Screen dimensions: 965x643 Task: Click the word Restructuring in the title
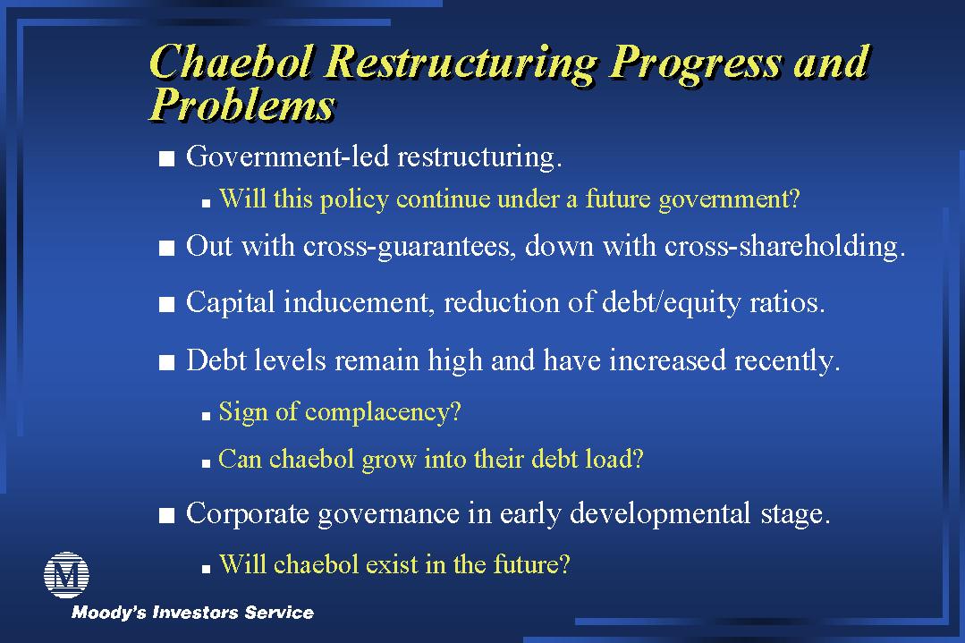(461, 63)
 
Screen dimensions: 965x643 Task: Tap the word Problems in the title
(242, 105)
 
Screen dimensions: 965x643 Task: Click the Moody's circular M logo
(66, 575)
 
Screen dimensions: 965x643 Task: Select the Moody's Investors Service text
(192, 613)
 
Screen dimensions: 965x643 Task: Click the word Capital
(230, 303)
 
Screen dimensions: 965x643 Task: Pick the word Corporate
(248, 514)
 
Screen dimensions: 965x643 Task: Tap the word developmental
(660, 514)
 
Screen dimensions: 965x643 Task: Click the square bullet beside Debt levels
(166, 362)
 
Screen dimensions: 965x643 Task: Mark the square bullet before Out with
(166, 248)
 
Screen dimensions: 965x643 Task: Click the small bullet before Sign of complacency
(207, 417)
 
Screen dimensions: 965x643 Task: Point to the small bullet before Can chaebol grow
(207, 464)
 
